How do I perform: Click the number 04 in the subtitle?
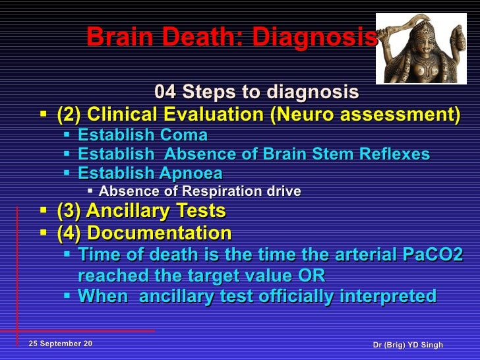click(165, 91)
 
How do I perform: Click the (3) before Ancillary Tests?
click(69, 212)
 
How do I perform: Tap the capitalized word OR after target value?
click(313, 276)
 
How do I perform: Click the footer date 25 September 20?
click(61, 345)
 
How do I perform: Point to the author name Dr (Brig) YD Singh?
click(407, 345)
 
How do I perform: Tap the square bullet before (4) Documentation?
click(44, 233)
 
